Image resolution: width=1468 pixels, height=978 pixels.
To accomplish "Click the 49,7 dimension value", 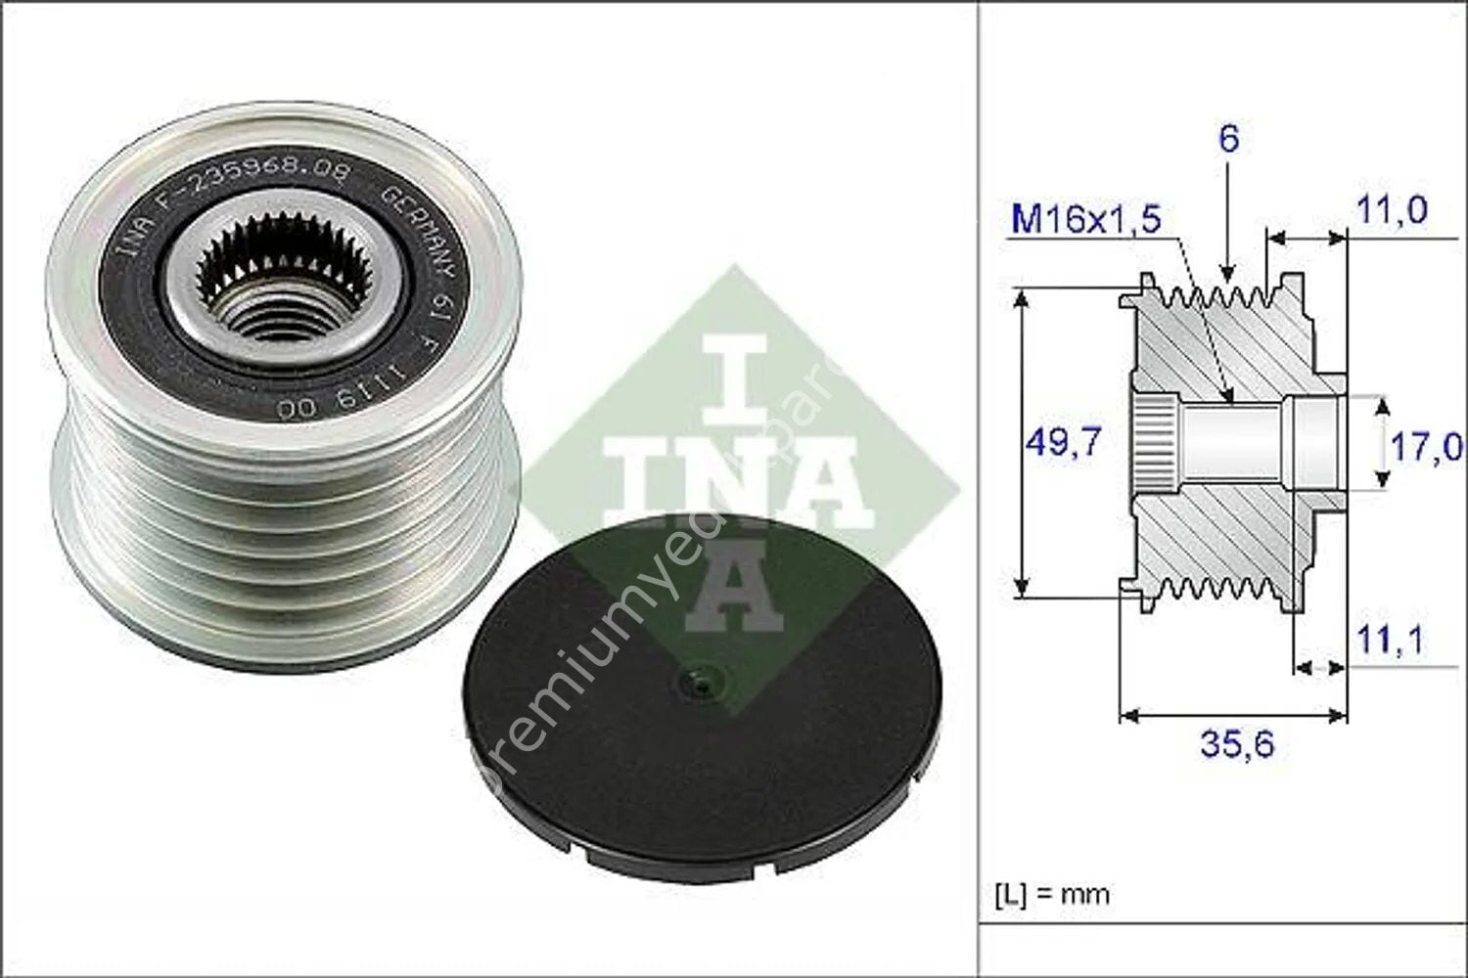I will tap(1063, 442).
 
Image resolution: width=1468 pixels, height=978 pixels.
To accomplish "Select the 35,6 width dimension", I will tap(1237, 746).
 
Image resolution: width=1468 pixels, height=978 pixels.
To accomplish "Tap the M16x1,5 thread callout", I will tap(1085, 220).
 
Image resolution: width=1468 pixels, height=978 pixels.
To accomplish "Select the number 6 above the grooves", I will tap(1228, 139).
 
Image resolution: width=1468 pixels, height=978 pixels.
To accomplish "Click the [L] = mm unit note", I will tap(1052, 894).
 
